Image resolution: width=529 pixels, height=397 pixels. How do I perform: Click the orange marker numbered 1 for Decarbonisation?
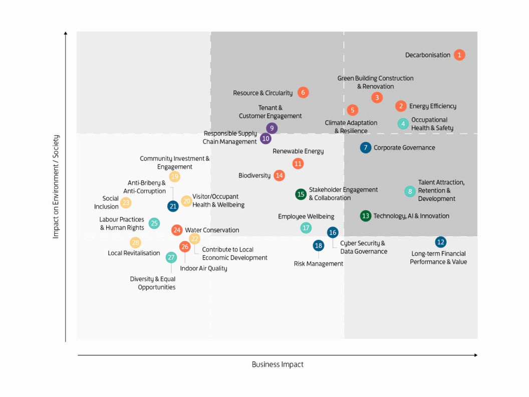(x=459, y=55)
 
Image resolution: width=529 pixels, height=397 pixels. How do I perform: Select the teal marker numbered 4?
(x=403, y=124)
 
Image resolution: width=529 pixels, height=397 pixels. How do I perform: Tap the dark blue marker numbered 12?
(x=440, y=243)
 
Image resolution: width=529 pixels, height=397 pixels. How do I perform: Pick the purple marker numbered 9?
(x=272, y=128)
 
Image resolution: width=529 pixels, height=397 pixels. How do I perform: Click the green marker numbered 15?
(x=301, y=194)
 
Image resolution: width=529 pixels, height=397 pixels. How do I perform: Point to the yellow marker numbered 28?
(x=135, y=243)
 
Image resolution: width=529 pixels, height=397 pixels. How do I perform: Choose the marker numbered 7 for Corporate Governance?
(x=366, y=148)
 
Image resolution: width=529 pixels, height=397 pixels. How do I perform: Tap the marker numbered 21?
(x=173, y=206)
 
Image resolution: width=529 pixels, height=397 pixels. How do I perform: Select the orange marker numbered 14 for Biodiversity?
(x=280, y=175)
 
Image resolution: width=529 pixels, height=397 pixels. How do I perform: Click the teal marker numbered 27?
(x=171, y=258)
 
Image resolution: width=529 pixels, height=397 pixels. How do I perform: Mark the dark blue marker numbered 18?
(x=319, y=246)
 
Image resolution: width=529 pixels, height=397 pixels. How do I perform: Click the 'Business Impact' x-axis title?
(x=278, y=364)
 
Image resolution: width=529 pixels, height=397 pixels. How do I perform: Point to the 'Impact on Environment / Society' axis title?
(x=56, y=186)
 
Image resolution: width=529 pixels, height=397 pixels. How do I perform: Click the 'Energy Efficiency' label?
(x=432, y=106)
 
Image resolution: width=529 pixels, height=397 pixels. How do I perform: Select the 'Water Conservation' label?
(x=212, y=231)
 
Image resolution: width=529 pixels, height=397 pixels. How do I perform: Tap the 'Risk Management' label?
(x=318, y=264)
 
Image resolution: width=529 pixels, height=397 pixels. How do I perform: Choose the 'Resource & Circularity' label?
(x=262, y=93)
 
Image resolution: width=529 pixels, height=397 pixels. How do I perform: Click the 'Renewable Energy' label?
(x=298, y=151)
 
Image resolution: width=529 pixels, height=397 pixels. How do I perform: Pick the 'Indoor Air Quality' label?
(x=203, y=269)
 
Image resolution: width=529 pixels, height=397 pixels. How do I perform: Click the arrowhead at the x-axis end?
(x=475, y=355)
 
